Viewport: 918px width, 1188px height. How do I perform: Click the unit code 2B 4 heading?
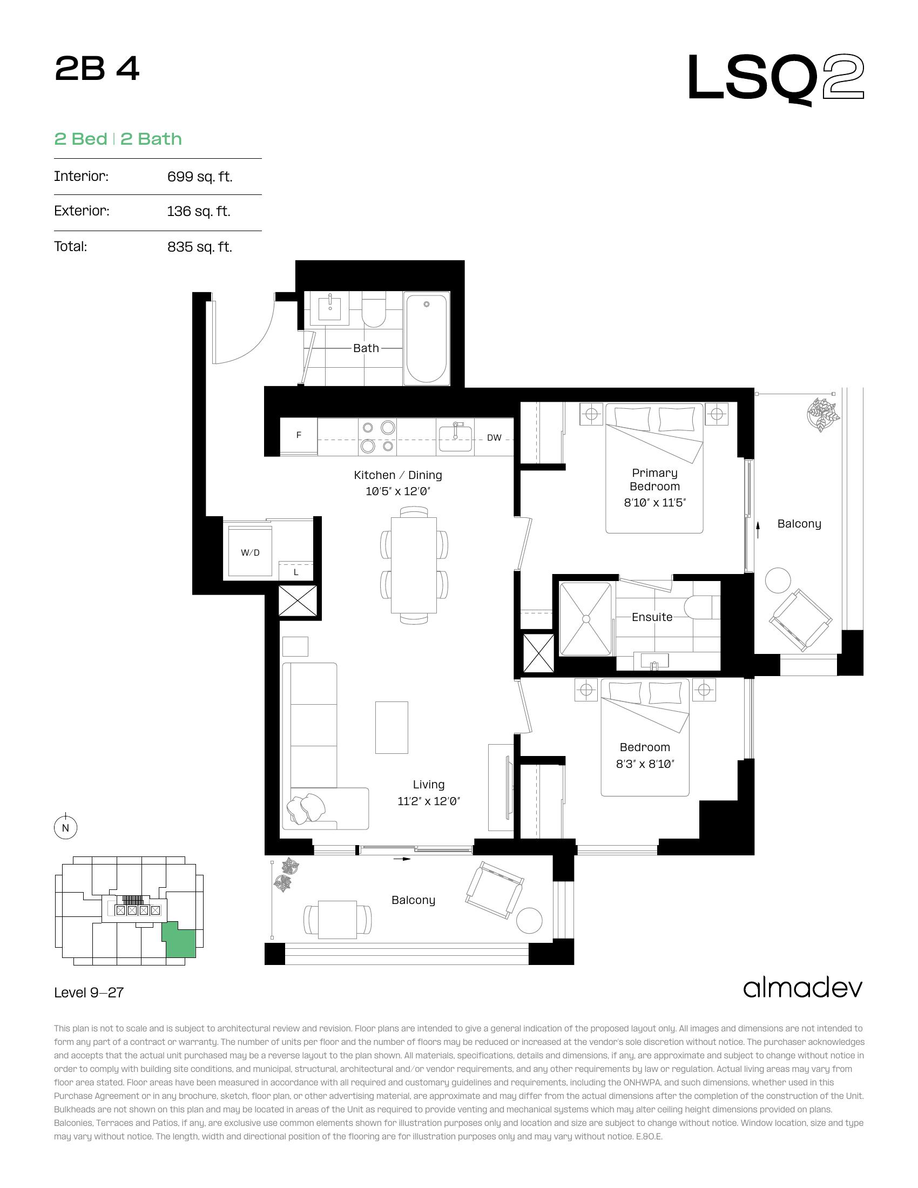point(97,70)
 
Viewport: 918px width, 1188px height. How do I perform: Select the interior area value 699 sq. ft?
point(200,177)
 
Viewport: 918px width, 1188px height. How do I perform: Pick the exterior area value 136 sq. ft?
point(199,211)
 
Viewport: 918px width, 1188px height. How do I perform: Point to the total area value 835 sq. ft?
point(200,247)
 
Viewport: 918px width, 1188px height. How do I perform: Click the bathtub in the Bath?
point(427,339)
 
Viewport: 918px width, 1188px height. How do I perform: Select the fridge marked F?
point(299,436)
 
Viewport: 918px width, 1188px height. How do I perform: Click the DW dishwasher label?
point(494,437)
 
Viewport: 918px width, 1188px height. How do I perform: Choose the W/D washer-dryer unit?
point(250,550)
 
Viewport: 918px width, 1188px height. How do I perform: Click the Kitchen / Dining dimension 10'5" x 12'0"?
point(398,491)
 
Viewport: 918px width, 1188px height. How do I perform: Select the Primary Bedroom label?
point(655,480)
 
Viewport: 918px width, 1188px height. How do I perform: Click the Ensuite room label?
point(652,617)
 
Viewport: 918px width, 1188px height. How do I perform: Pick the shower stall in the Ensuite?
point(586,619)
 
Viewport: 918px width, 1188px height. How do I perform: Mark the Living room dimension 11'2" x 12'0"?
point(429,801)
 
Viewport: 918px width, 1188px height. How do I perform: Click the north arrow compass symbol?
point(66,827)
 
